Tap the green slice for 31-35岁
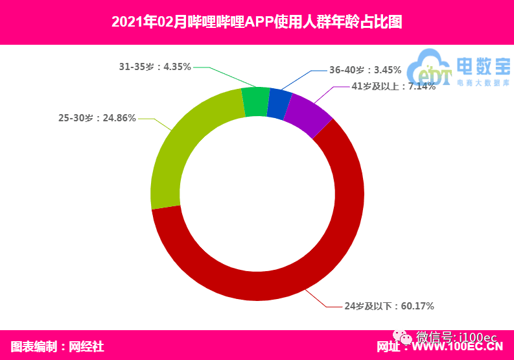(255, 101)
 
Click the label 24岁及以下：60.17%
(388, 306)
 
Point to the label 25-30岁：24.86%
(97, 118)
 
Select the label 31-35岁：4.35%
(155, 66)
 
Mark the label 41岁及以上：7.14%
(393, 86)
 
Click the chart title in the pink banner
(257, 22)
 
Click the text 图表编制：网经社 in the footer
(58, 346)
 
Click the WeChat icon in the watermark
(405, 337)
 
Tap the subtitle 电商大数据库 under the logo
(482, 82)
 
